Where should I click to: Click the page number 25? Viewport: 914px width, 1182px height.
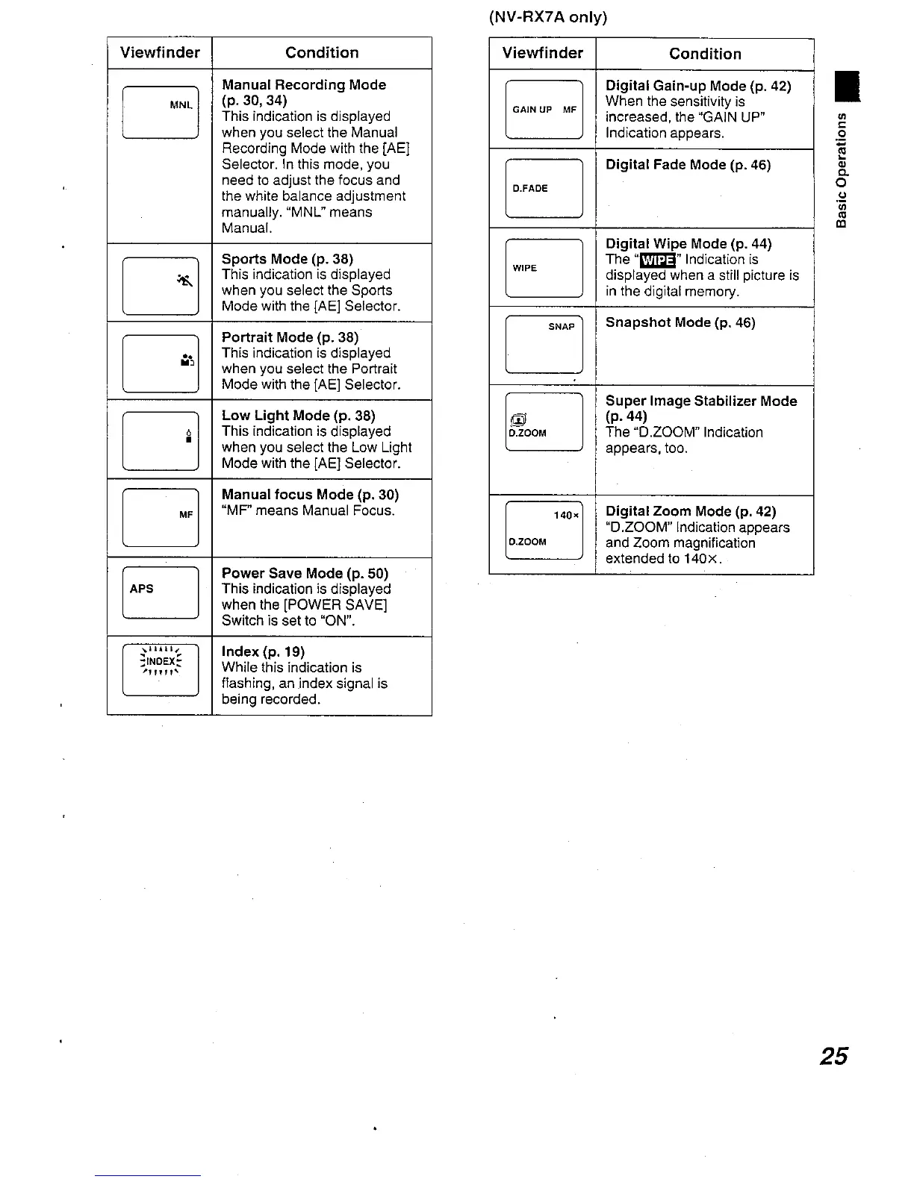click(833, 1056)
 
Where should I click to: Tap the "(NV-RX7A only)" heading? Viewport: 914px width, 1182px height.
click(548, 17)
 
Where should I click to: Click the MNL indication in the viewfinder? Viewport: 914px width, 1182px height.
click(181, 105)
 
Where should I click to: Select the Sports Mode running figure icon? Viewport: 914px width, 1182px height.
click(185, 281)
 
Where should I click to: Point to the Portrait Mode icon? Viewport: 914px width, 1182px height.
click(187, 361)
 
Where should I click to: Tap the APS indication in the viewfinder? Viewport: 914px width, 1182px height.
click(141, 589)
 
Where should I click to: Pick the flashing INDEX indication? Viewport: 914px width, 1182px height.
click(161, 661)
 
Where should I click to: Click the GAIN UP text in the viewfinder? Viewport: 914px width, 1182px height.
click(532, 110)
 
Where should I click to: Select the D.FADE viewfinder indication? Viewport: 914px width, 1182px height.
click(529, 189)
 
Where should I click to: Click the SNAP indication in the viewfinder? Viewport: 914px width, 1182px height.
click(562, 327)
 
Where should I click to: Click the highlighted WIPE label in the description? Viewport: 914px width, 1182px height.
click(657, 260)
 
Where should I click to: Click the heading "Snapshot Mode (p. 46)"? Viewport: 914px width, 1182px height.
click(680, 322)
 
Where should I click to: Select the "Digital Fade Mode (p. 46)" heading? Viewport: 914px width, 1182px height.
click(688, 165)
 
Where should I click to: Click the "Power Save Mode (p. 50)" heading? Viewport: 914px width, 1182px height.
click(305, 573)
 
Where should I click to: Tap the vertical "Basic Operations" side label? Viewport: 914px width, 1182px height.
click(842, 169)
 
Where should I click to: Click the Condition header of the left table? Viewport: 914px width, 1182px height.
click(322, 53)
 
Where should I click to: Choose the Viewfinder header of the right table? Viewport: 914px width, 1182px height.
click(542, 53)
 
